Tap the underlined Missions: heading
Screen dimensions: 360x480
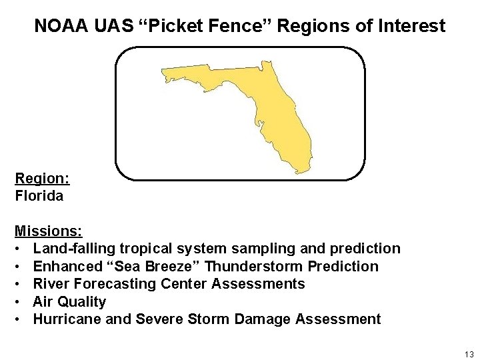49,231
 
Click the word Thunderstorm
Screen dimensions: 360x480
257,267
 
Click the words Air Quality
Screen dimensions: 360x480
69,301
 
